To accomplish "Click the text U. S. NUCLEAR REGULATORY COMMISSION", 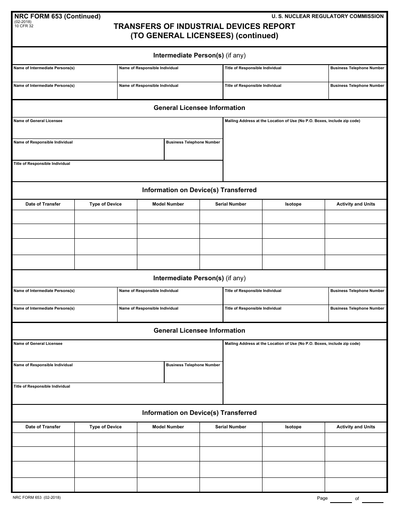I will click(x=327, y=16).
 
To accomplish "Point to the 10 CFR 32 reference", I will click(x=24, y=26).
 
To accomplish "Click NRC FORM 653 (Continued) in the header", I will click(x=58, y=17).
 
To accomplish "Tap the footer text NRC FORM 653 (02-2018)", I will click(x=37, y=498).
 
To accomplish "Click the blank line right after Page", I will click(x=341, y=499).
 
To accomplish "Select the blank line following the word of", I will click(x=372, y=499).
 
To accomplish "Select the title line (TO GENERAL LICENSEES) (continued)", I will click(x=204, y=36).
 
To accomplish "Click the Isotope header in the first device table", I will click(x=293, y=204).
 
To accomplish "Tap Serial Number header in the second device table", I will click(x=231, y=427).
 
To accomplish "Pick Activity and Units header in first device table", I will click(x=356, y=204).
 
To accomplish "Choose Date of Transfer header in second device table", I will click(x=43, y=427).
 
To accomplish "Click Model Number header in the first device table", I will click(x=168, y=204).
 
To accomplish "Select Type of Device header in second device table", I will click(x=105, y=427).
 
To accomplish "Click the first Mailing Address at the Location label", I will click(x=292, y=121).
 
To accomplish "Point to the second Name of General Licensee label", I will click(x=38, y=344).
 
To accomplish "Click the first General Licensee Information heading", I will click(x=199, y=108).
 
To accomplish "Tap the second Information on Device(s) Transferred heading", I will click(x=199, y=413).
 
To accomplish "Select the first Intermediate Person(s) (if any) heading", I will click(x=199, y=55).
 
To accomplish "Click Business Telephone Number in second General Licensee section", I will click(x=193, y=365).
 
